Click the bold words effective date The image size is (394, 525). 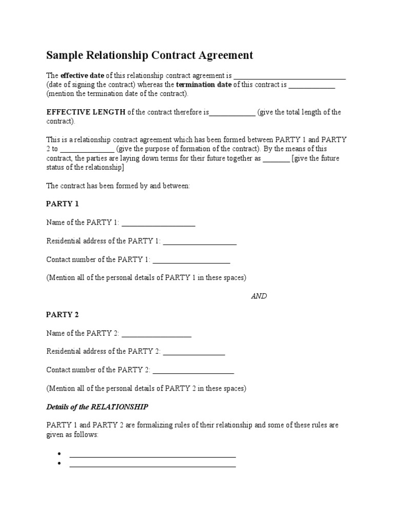pyautogui.click(x=83, y=75)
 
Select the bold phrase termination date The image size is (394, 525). pyautogui.click(x=204, y=85)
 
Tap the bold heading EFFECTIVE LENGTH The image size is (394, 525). pyautogui.click(x=86, y=112)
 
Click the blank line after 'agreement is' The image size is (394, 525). pyautogui.click(x=290, y=77)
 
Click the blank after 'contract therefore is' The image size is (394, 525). pyautogui.click(x=232, y=114)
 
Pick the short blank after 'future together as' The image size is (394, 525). pyautogui.click(x=276, y=160)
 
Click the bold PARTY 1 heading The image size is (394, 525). pyautogui.click(x=63, y=204)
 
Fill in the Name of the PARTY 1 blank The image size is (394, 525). pyautogui.click(x=159, y=224)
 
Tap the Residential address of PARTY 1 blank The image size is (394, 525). pyautogui.click(x=200, y=243)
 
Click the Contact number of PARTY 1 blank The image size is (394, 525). pyautogui.click(x=191, y=261)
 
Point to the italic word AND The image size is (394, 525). pyautogui.click(x=259, y=296)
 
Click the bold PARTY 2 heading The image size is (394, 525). pyautogui.click(x=63, y=315)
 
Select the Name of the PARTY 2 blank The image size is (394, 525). pyautogui.click(x=156, y=335)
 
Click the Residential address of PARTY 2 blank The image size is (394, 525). pyautogui.click(x=194, y=353)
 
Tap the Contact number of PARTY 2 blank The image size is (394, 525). pyautogui.click(x=193, y=372)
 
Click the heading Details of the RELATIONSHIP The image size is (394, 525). pyautogui.click(x=97, y=407)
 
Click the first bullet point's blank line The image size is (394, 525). pyautogui.click(x=152, y=455)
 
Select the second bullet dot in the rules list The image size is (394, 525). pyautogui.click(x=60, y=464)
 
